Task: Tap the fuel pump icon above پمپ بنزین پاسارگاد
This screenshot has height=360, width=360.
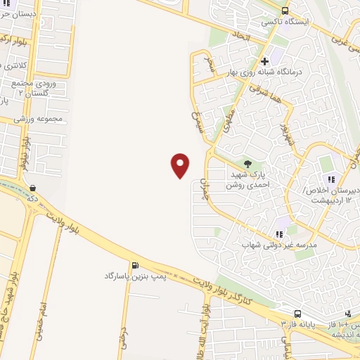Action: point(134,265)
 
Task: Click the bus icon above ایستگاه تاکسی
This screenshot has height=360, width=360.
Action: point(285,11)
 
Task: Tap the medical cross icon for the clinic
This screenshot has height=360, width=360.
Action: point(264,61)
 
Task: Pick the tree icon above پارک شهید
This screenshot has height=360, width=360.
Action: point(247,164)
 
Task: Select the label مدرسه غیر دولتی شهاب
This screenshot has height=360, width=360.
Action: point(281,245)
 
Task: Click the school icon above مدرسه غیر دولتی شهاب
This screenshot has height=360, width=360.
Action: point(279,234)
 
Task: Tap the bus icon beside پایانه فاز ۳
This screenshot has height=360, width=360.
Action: point(297,314)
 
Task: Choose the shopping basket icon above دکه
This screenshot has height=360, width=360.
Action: point(34,188)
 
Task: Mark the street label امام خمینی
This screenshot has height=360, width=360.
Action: point(44,309)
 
